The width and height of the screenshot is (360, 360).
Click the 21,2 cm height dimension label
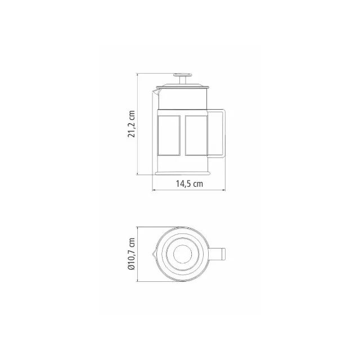[x=132, y=124]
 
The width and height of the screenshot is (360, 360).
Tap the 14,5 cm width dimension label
[x=190, y=184]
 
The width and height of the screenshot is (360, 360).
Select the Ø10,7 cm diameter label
[x=132, y=254]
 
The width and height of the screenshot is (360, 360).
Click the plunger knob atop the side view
[x=182, y=75]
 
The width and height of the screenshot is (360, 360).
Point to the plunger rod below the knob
[x=183, y=80]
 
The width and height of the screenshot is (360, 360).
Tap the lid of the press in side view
[x=182, y=87]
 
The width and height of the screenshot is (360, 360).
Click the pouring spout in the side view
[x=156, y=92]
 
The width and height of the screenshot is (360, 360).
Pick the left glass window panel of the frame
[x=169, y=136]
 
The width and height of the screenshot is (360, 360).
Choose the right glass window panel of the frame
[x=196, y=136]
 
